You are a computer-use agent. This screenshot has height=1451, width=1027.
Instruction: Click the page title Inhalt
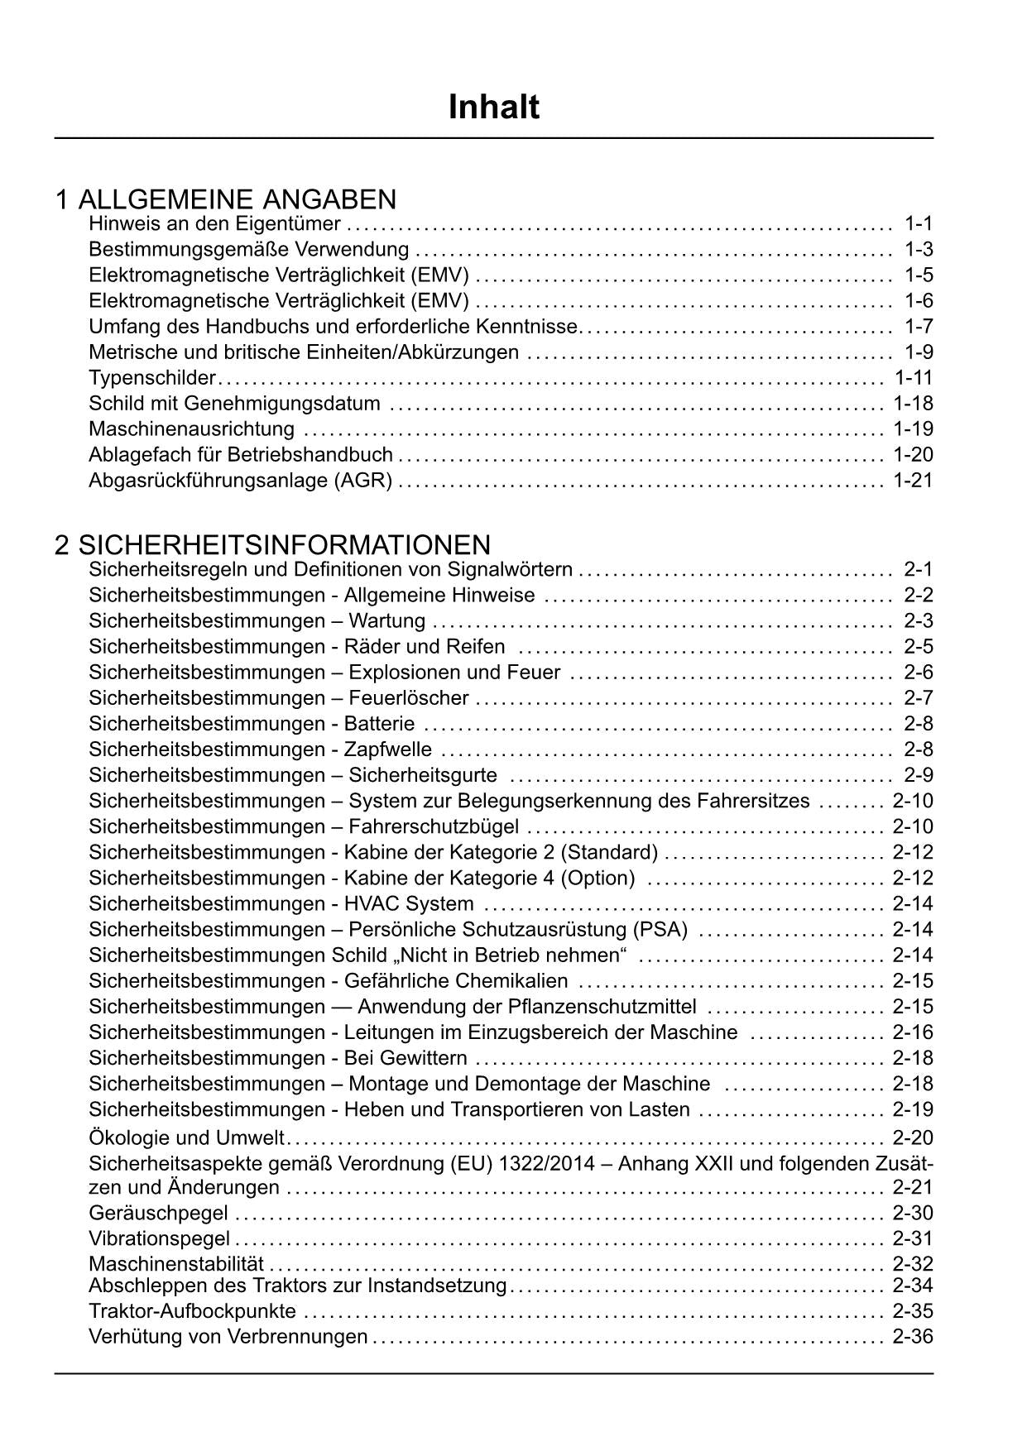pyautogui.click(x=494, y=108)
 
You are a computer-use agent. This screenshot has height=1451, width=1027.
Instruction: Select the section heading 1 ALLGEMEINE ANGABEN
pyautogui.click(x=225, y=199)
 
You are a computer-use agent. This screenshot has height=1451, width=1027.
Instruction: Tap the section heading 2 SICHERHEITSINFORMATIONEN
pyautogui.click(x=272, y=545)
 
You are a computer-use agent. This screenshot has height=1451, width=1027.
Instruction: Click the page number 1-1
pyautogui.click(x=919, y=223)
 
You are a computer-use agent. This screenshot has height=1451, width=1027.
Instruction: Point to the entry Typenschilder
pyautogui.click(x=152, y=378)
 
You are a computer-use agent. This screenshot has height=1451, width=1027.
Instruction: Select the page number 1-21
pyautogui.click(x=913, y=481)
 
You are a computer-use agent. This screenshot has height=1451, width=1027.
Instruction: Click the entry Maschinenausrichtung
pyautogui.click(x=191, y=429)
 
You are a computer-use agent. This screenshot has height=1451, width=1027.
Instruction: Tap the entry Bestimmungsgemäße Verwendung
pyautogui.click(x=248, y=249)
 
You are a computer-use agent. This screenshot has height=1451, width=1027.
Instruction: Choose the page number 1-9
pyautogui.click(x=919, y=352)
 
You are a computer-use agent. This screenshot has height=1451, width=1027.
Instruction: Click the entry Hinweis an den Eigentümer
pyautogui.click(x=214, y=223)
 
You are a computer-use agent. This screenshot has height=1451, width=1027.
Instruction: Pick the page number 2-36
pyautogui.click(x=913, y=1337)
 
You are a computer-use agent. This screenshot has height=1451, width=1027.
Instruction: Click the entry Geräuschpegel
pyautogui.click(x=158, y=1214)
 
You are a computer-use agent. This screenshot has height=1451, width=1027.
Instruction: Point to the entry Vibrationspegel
pyautogui.click(x=159, y=1239)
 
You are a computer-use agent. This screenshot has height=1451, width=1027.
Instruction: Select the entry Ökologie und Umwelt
pyautogui.click(x=186, y=1137)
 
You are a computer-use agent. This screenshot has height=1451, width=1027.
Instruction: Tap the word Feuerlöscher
pyautogui.click(x=409, y=698)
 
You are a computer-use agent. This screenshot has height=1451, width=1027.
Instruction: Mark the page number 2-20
pyautogui.click(x=913, y=1137)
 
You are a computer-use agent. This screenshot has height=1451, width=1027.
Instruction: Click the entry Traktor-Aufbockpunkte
pyautogui.click(x=192, y=1311)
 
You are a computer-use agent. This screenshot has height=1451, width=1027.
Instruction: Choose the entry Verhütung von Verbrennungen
pyautogui.click(x=228, y=1337)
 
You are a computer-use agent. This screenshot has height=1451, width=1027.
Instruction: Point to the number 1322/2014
pyautogui.click(x=546, y=1164)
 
